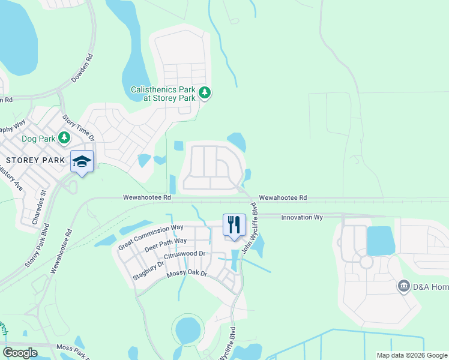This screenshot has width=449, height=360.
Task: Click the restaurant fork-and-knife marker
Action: pyautogui.click(x=234, y=225)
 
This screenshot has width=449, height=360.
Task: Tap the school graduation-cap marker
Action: pyautogui.click(x=82, y=161)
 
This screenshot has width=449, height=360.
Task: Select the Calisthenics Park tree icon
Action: pyautogui.click(x=205, y=93)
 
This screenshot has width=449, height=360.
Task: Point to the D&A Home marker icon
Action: pyautogui.click(x=404, y=286)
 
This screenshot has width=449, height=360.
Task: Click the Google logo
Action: pyautogui.click(x=20, y=353)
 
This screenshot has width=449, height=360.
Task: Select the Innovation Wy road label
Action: pyautogui.click(x=303, y=216)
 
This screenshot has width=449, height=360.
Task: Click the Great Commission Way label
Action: pyautogui.click(x=151, y=237)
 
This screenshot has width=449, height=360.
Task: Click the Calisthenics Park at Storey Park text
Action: pyautogui.click(x=163, y=94)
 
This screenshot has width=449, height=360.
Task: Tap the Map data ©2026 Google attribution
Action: pyautogui.click(x=412, y=355)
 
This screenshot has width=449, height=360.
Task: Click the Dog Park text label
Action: pyautogui.click(x=37, y=139)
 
